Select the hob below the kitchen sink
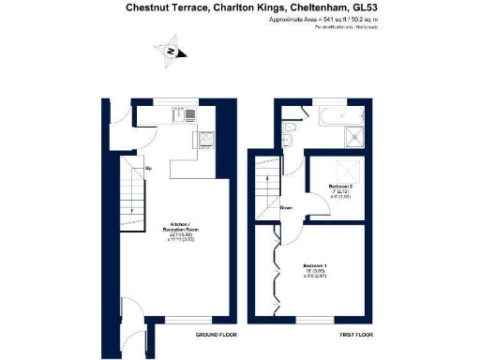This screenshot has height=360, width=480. click(206, 141)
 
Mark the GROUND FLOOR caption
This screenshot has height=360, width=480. click(216, 335)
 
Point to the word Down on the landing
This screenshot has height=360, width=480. click(287, 208)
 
